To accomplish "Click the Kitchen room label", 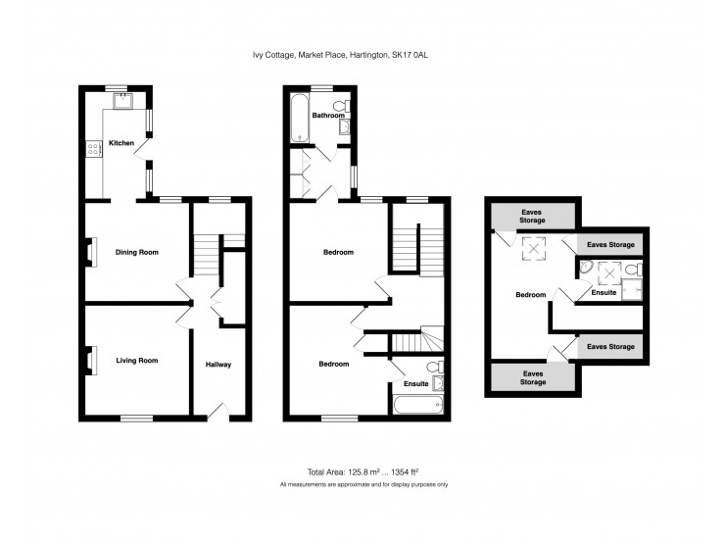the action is pos(121,143).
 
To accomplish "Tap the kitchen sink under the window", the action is pos(122,101).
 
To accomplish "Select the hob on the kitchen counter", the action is pos(93,148).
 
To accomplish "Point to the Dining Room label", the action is pos(137,252).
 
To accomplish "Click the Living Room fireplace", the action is pos(91,360).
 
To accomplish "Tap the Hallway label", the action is pos(218,365).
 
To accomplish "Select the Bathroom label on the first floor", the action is pos(328,115).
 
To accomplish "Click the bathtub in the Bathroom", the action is pos(300,118).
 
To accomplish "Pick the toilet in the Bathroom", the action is pos(343,105).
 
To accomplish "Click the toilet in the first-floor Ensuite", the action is pos(436,367).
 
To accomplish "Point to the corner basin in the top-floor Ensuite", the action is pos(585,268).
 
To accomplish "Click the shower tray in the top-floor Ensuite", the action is pos(632,289).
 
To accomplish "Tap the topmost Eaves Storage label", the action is pos(532,216).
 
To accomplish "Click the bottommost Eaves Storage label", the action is pos(533,378).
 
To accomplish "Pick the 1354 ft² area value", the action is pos(406,472).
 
